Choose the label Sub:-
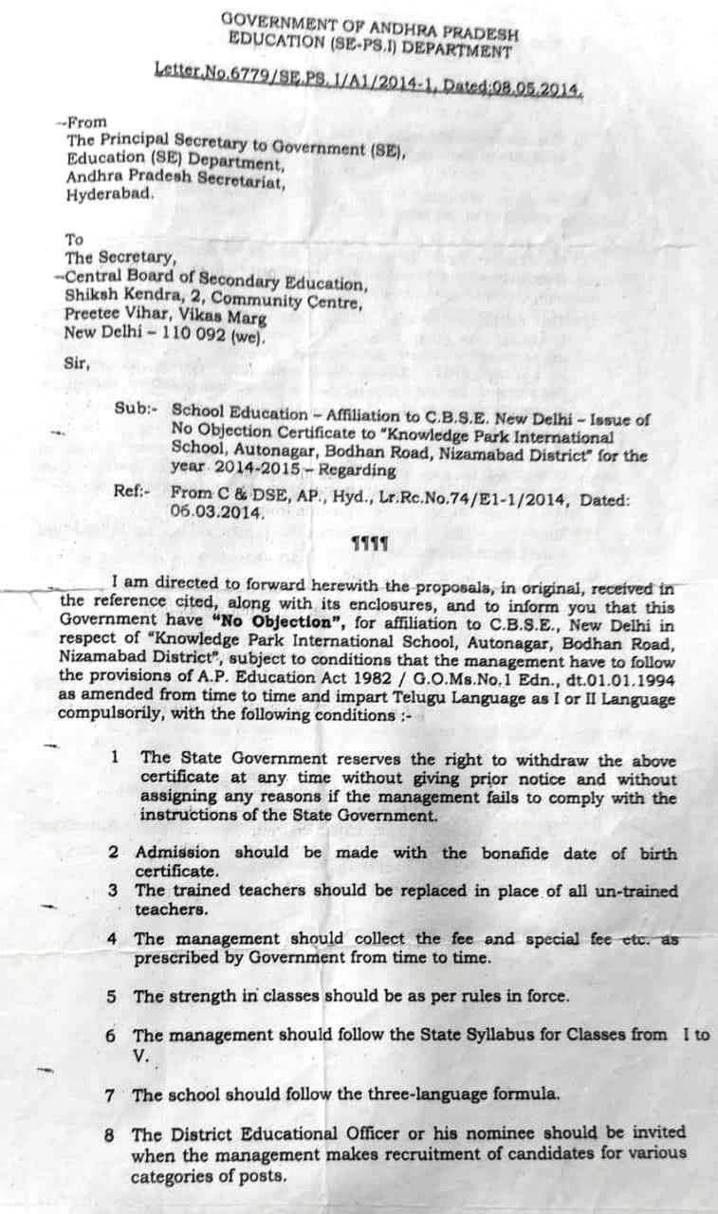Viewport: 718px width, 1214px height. [135, 410]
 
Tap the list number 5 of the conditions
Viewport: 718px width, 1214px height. [112, 996]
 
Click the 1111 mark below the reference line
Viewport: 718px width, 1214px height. [365, 544]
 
